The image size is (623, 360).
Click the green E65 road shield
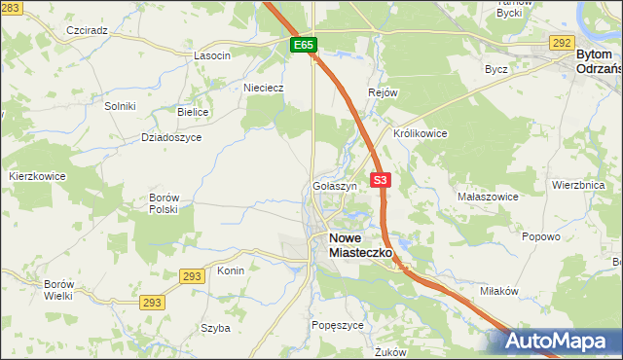(303, 46)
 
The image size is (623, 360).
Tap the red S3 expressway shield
(381, 180)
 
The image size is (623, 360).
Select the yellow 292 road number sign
(561, 43)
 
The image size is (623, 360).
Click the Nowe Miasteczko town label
(360, 244)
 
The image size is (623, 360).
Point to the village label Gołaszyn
(335, 185)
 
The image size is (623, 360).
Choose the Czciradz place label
(87, 30)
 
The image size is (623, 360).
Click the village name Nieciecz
(263, 87)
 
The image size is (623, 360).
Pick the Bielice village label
(193, 112)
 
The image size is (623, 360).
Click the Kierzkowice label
(37, 176)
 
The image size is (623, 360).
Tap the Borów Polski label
(164, 203)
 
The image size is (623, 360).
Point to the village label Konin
(231, 270)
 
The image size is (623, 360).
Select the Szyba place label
(215, 328)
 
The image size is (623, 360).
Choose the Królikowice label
(420, 133)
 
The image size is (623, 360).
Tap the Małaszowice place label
(488, 196)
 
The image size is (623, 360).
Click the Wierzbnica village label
(578, 184)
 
